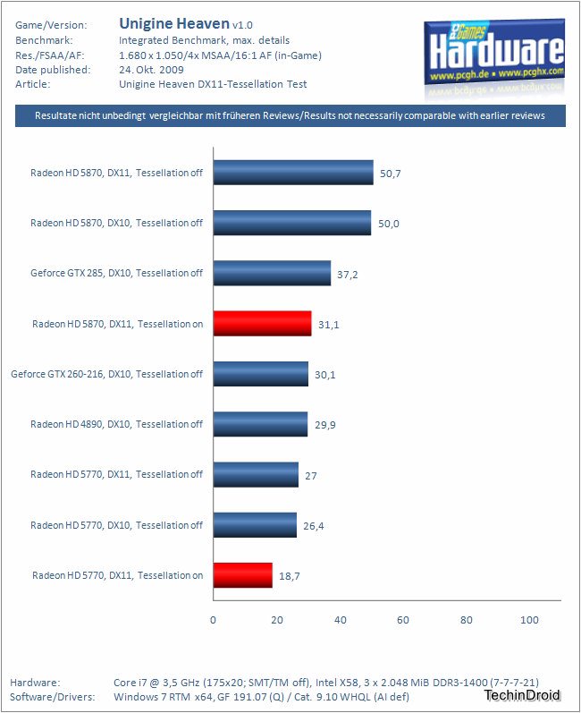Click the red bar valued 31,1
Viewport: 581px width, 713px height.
pyautogui.click(x=262, y=324)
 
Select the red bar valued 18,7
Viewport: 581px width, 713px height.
pyautogui.click(x=242, y=575)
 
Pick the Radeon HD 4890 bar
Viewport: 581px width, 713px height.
pyautogui.click(x=260, y=424)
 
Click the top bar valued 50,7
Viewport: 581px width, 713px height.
pyautogui.click(x=293, y=173)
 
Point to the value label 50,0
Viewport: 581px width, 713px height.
pyautogui.click(x=389, y=223)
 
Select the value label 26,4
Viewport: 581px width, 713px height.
pyautogui.click(x=314, y=525)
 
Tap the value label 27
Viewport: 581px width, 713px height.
pyautogui.click(x=311, y=475)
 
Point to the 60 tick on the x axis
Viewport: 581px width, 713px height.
pyautogui.click(x=403, y=620)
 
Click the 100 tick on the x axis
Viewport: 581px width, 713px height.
pyautogui.click(x=529, y=620)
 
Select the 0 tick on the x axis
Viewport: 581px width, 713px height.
pyautogui.click(x=213, y=620)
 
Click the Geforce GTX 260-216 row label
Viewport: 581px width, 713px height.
pyautogui.click(x=107, y=374)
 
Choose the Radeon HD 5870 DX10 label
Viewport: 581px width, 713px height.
pyautogui.click(x=117, y=223)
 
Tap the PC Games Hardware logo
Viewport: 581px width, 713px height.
pyautogui.click(x=494, y=50)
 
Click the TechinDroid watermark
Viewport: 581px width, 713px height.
pyautogui.click(x=523, y=695)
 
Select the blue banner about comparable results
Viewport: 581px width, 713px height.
pyautogui.click(x=290, y=116)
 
